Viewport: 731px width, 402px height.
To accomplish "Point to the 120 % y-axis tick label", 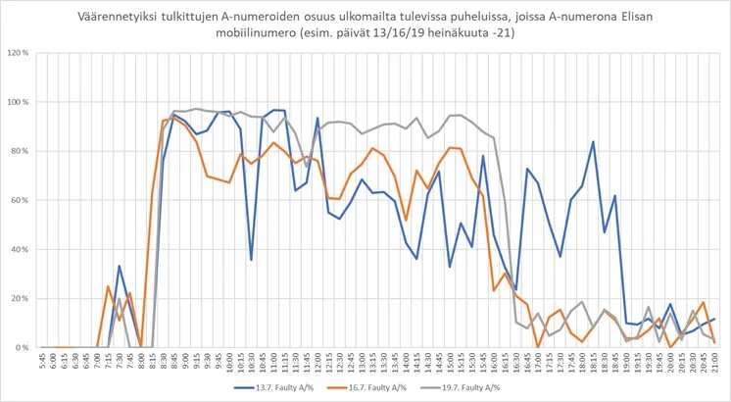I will pos(19,53).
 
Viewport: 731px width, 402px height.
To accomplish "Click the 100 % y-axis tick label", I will pos(19,102).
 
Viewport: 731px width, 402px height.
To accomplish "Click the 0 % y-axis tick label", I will pos(24,347).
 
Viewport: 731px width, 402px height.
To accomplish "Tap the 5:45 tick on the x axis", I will pos(42,362).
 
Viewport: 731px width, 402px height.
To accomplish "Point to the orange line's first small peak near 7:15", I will pos(108,286).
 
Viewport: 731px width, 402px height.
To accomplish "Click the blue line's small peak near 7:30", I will pos(119,266).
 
